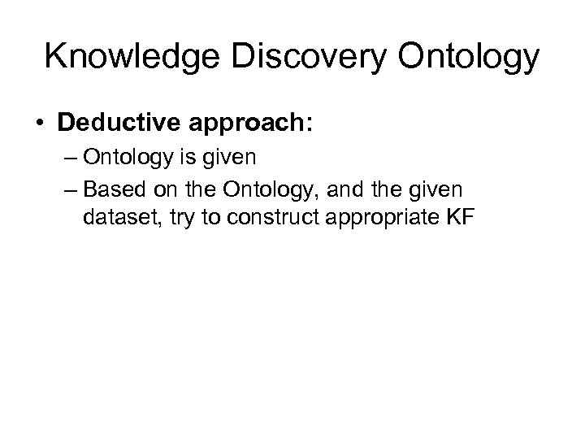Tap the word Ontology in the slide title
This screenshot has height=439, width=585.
[470, 57]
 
